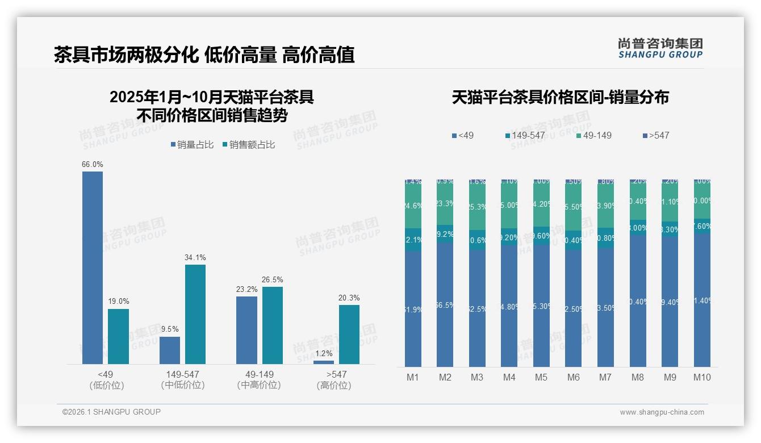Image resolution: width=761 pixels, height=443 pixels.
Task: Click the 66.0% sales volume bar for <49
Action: coord(93,268)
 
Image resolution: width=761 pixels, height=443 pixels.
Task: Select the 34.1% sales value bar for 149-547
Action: coord(195,314)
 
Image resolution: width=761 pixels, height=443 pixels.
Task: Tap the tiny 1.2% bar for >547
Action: coord(324,362)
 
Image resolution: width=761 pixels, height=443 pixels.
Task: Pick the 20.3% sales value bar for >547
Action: coord(349,335)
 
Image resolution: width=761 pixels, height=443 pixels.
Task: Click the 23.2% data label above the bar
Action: coord(246,289)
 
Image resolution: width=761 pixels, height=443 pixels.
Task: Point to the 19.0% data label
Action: coord(118,302)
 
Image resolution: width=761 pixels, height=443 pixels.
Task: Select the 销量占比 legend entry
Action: coord(192,145)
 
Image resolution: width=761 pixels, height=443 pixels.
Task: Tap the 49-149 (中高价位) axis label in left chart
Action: coord(259,379)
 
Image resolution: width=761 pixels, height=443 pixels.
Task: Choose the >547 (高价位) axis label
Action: coord(336,379)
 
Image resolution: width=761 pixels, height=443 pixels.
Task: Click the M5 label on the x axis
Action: coord(541,377)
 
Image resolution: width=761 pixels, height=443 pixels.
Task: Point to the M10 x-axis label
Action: coord(702,377)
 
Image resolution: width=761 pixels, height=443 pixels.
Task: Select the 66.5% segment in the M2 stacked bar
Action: coord(445,305)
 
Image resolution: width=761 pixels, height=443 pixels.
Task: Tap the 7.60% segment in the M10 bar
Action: coord(702,226)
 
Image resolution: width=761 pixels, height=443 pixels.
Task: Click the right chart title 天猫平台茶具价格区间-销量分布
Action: coord(560,97)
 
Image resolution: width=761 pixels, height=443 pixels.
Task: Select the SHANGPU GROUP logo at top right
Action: coord(660,48)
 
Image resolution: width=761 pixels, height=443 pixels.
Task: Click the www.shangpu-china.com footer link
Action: coord(662,412)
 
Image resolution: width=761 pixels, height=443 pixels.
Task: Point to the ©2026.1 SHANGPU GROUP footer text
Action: coord(111,412)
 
